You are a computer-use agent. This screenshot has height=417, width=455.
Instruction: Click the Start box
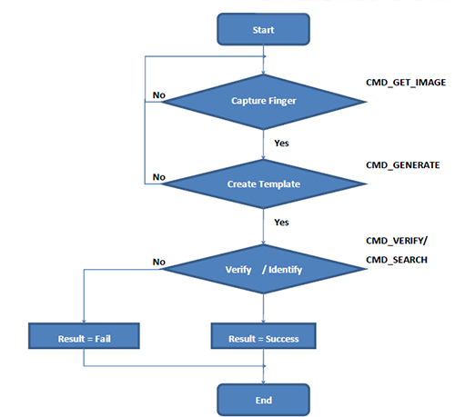click(263, 29)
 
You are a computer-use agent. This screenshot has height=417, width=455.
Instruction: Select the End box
click(263, 400)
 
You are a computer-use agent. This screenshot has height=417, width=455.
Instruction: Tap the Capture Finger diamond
click(263, 102)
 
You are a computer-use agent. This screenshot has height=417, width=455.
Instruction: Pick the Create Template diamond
click(263, 184)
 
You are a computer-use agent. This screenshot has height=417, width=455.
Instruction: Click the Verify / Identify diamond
click(263, 269)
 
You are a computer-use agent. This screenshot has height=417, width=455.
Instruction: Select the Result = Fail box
click(84, 336)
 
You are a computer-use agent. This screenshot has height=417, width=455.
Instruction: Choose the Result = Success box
click(263, 336)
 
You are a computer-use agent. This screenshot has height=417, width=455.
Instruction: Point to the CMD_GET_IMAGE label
click(406, 83)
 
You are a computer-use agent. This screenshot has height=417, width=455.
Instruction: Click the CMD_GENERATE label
click(403, 165)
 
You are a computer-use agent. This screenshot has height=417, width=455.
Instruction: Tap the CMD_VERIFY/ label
click(397, 241)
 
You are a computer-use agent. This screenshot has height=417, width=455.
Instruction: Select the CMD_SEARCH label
click(397, 260)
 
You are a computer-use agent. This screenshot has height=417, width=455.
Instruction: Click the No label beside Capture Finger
click(159, 95)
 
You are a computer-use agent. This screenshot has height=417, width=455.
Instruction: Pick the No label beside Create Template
click(159, 177)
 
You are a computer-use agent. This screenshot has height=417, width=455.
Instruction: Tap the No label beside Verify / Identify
click(159, 262)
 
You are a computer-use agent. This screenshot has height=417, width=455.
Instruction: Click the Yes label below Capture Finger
click(281, 144)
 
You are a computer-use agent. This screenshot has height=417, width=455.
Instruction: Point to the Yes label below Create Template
click(281, 223)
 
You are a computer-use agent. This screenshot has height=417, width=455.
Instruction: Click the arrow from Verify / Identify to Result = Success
click(263, 308)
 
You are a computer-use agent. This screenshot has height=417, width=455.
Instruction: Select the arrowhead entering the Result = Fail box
click(84, 321)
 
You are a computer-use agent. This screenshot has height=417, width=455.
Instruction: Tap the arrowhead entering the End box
click(263, 382)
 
